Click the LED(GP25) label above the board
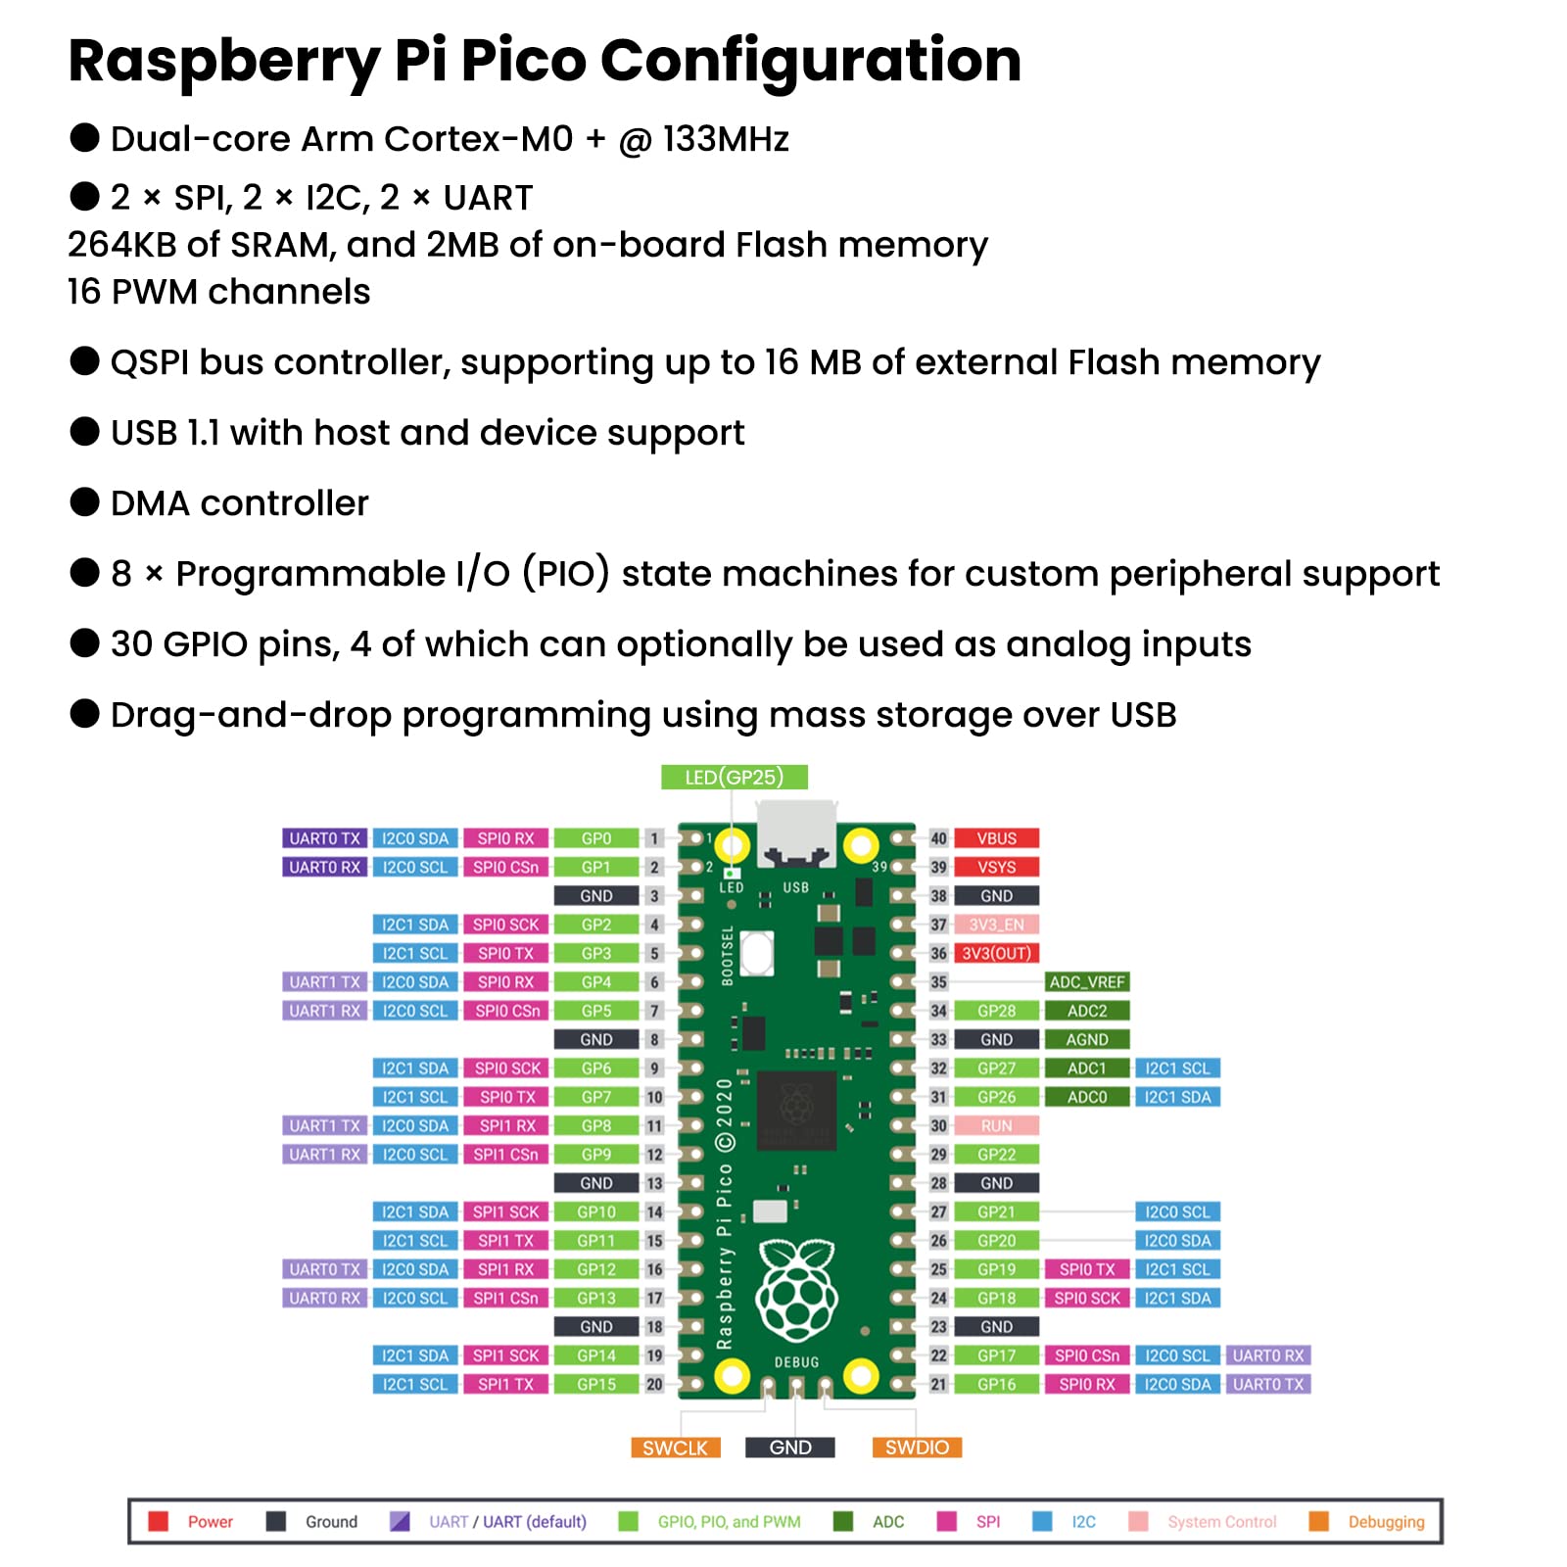(x=734, y=777)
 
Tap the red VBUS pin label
(x=996, y=838)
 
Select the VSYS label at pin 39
(x=996, y=867)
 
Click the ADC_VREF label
(x=1086, y=981)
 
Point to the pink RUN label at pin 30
(x=996, y=1125)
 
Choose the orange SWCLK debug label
(x=675, y=1448)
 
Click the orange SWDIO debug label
(x=917, y=1448)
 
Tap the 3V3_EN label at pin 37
(x=996, y=925)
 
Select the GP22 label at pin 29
(x=996, y=1154)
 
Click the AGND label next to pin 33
(x=1086, y=1039)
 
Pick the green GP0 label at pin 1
(x=595, y=838)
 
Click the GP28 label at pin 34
(x=996, y=1011)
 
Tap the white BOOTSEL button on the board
(x=757, y=952)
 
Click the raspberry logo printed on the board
(x=796, y=1289)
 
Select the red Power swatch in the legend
(x=159, y=1521)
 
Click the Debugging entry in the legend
(x=1385, y=1522)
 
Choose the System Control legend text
(x=1221, y=1522)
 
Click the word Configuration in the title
(x=810, y=61)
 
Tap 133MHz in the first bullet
(x=726, y=139)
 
